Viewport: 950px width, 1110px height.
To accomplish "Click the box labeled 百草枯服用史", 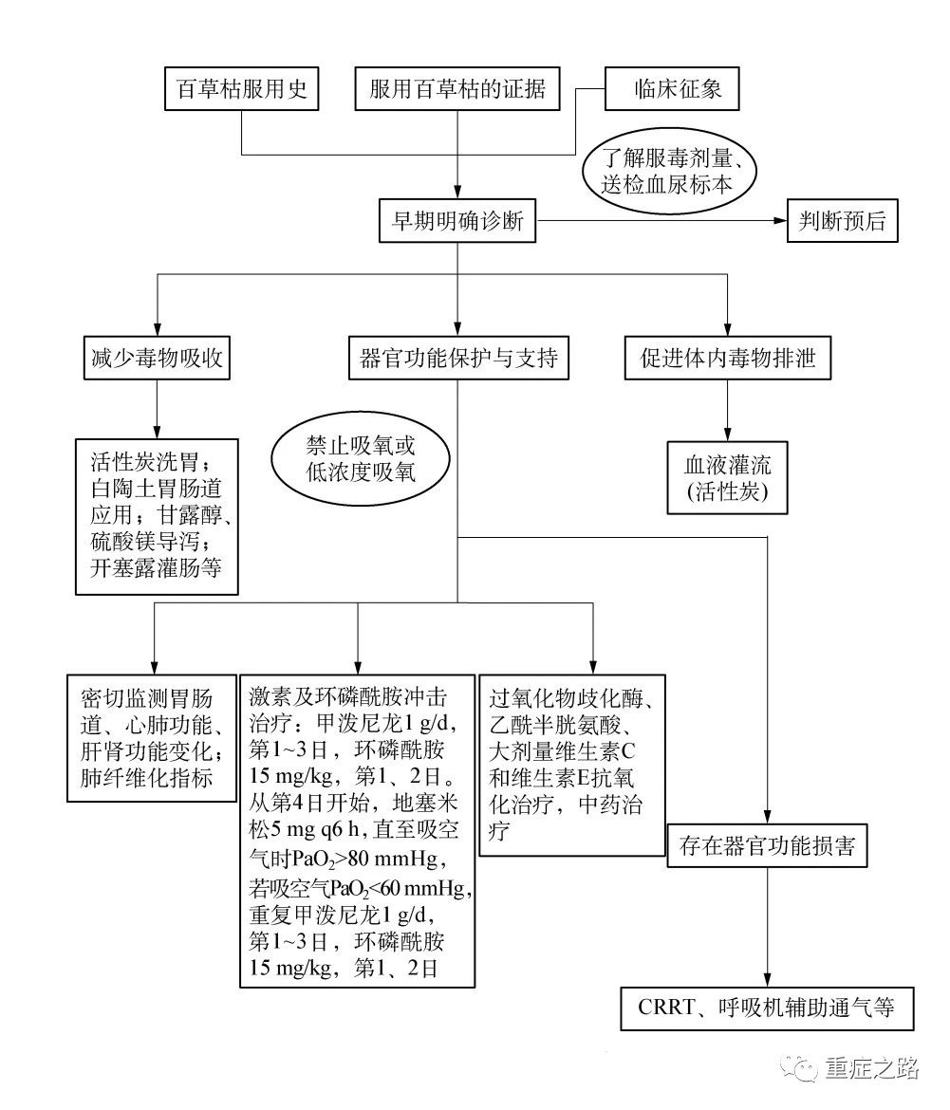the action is tap(241, 88).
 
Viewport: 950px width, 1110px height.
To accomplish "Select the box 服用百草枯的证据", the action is tap(457, 88).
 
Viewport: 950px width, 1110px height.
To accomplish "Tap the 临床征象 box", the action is tap(672, 88).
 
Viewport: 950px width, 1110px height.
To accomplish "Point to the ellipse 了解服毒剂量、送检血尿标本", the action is tap(669, 172).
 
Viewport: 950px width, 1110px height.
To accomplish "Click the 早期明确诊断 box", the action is tap(457, 221).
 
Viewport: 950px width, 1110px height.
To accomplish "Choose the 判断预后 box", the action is tap(843, 221).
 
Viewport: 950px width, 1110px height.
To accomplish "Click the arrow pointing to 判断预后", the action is tap(661, 221).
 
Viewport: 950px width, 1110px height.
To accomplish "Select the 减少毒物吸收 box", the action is tap(157, 359).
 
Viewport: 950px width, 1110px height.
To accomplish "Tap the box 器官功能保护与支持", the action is tap(458, 359).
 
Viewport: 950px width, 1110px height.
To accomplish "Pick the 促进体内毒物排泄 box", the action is tap(728, 359).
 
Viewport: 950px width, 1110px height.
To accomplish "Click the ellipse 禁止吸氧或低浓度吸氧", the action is tap(361, 459).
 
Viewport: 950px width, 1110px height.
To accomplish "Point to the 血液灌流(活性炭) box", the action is tap(728, 478).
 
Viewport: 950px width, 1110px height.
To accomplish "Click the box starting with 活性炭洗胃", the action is tap(157, 517).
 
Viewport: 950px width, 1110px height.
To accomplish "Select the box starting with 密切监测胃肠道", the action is tap(152, 738).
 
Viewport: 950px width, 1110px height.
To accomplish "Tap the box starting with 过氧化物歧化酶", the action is tap(572, 766).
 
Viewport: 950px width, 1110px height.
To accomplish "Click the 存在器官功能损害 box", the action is tap(768, 845).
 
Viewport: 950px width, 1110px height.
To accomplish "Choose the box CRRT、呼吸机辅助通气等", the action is tap(768, 1008).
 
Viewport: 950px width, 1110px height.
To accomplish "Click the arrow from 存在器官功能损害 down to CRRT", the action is tap(768, 927).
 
